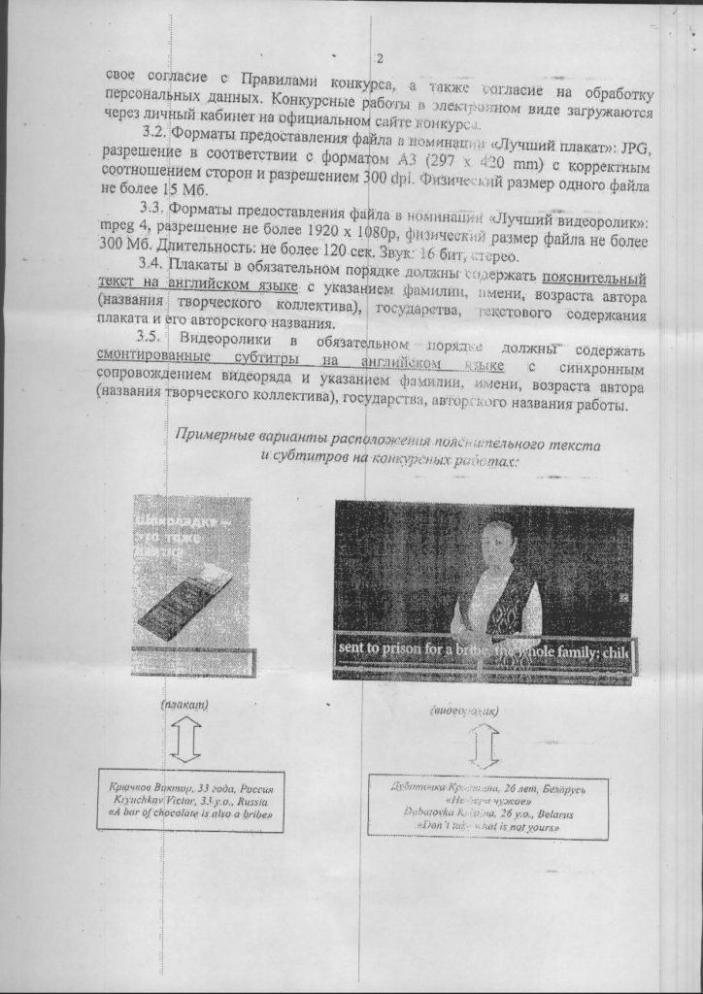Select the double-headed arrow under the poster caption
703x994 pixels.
185,739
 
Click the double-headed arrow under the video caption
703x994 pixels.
483,745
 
